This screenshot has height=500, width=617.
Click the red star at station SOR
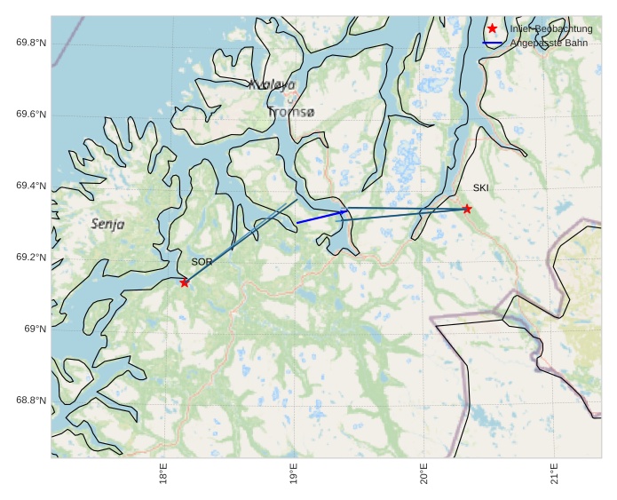185,282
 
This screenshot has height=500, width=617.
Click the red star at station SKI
467,209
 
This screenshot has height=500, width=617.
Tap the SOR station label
202,262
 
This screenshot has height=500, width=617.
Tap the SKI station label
480,187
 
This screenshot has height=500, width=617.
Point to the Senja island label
107,225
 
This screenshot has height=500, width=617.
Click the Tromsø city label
291,112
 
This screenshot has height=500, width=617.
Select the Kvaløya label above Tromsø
272,85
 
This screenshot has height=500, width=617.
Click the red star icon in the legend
493,28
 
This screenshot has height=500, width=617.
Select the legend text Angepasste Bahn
549,43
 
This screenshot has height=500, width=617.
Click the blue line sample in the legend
493,43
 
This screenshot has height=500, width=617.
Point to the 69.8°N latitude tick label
31,43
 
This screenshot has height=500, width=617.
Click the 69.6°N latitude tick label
31,115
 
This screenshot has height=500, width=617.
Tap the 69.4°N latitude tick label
31,186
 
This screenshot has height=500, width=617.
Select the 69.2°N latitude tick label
31,258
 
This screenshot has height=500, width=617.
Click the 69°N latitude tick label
36,329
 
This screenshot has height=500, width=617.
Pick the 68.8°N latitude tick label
31,401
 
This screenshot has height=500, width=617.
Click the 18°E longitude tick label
163,474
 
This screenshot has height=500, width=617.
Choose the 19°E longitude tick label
294,474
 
